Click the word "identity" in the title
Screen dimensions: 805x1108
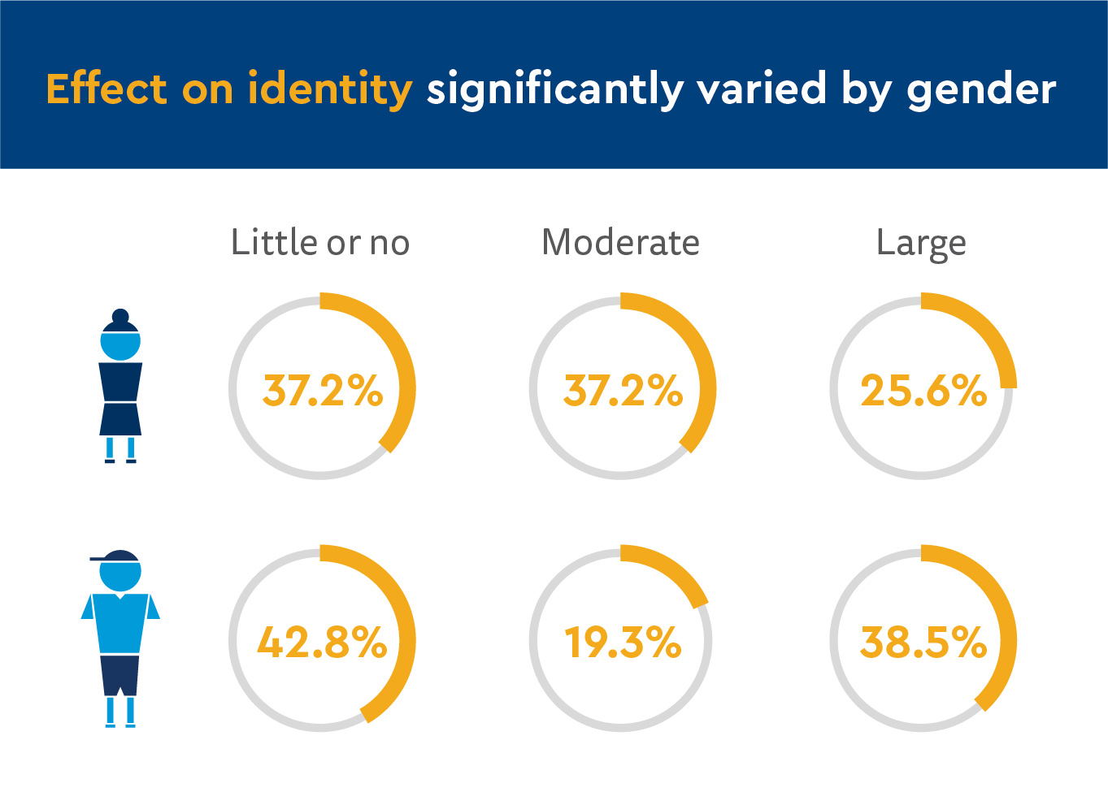(329, 89)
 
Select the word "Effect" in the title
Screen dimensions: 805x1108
(106, 89)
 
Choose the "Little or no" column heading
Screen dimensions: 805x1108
(320, 243)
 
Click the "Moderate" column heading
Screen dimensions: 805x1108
(620, 243)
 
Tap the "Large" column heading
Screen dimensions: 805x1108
(921, 244)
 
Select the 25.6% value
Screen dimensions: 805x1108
(923, 391)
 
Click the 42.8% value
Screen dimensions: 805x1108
(322, 643)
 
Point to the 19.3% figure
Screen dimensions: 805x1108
(623, 643)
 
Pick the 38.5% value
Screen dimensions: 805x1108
(923, 643)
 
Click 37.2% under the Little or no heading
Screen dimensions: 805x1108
(322, 391)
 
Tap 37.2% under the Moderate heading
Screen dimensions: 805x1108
(623, 391)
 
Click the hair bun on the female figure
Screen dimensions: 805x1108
(120, 316)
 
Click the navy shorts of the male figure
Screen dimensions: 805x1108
(120, 674)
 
